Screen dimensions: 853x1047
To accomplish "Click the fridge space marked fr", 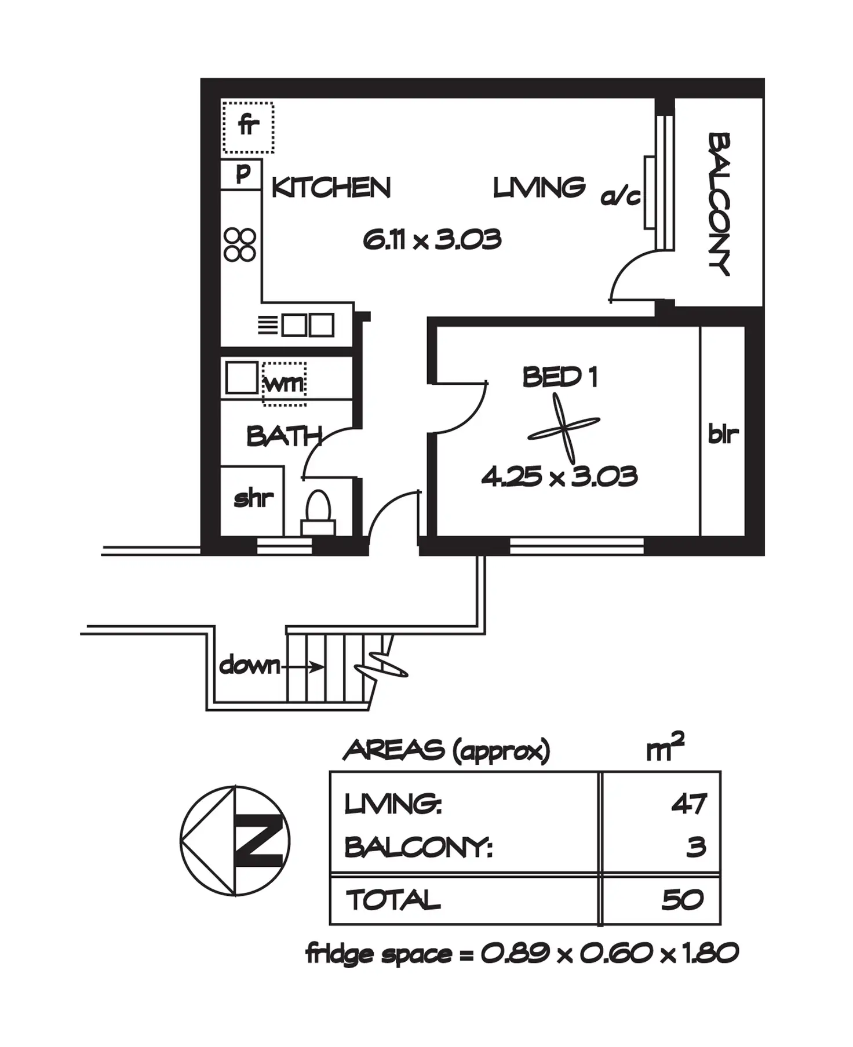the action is (248, 126).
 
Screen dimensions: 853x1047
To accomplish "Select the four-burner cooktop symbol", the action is (240, 245).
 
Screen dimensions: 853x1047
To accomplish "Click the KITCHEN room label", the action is (331, 188).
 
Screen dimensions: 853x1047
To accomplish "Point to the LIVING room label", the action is (539, 188).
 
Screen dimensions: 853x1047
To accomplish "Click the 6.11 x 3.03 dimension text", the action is (432, 239).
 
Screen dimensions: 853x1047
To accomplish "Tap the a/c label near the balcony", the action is (621, 197).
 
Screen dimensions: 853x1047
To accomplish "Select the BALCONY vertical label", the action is (719, 204).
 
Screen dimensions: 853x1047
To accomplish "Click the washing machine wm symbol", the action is (284, 383).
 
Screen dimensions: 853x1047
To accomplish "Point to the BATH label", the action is (283, 436).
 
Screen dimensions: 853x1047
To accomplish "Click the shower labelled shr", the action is (253, 499).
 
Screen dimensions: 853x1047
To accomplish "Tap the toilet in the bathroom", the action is (318, 513).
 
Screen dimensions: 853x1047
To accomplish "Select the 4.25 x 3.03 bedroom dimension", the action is (559, 477).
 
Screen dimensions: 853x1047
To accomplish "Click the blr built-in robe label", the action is (723, 433).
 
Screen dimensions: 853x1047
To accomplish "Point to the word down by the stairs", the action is (249, 665).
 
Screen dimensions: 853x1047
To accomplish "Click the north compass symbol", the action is (235, 841).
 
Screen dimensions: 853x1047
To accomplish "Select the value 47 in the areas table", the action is (689, 804).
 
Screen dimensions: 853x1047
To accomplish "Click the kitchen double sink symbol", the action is (308, 325).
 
